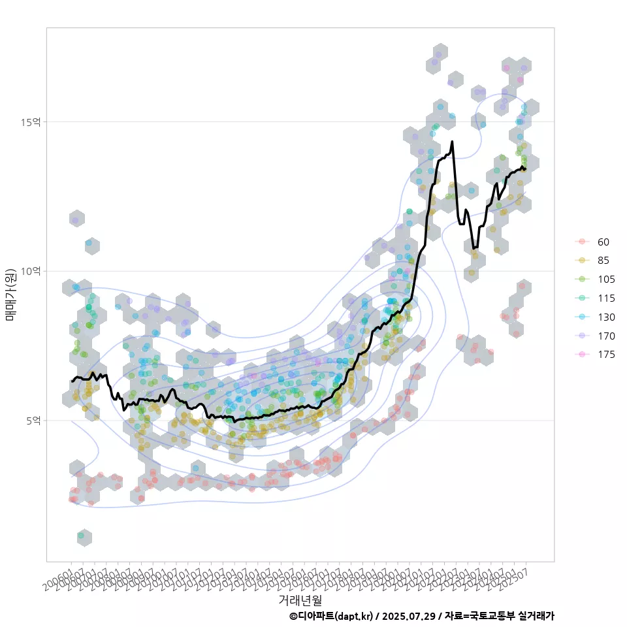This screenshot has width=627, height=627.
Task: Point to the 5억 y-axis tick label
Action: [x=35, y=421]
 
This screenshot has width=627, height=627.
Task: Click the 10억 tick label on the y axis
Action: [x=32, y=271]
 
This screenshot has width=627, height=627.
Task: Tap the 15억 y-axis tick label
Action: [x=32, y=121]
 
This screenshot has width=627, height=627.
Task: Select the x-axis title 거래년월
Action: [x=300, y=599]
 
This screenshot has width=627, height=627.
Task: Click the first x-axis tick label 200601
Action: [x=59, y=577]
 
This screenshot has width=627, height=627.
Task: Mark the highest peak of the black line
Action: [x=452, y=141]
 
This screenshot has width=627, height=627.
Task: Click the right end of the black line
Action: [x=525, y=169]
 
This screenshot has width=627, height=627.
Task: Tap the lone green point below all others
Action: [x=81, y=536]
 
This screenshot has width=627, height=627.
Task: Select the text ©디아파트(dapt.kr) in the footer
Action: [x=332, y=616]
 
